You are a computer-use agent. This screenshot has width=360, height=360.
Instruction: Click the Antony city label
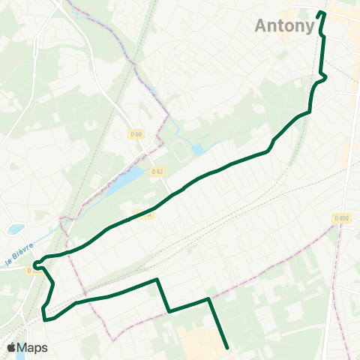pyautogui.click(x=285, y=25)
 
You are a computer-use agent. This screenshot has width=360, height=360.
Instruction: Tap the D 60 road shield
pyautogui.click(x=134, y=134)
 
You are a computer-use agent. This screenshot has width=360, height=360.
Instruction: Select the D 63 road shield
pyautogui.click(x=157, y=171)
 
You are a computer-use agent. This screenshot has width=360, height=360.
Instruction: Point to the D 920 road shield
pyautogui.click(x=341, y=217)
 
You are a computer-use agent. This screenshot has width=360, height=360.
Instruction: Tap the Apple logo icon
pyautogui.click(x=11, y=347)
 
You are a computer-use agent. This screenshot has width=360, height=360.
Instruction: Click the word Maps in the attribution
pyautogui.click(x=33, y=347)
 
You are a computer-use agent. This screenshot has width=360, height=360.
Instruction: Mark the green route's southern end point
pyautogui.click(x=227, y=346)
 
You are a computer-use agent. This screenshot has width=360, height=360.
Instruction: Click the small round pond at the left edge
pyautogui.click(x=15, y=229)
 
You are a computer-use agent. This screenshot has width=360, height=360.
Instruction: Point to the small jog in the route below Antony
pyautogui.click(x=324, y=75)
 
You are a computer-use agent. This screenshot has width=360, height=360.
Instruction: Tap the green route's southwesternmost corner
pyautogui.click(x=46, y=318)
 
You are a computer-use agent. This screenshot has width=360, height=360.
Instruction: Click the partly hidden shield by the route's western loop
pyautogui.click(x=31, y=270)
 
